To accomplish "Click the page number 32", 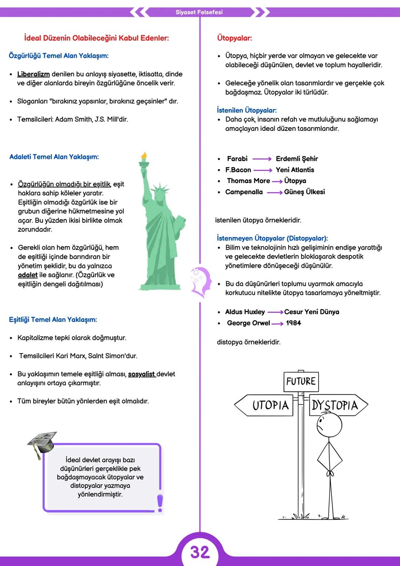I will [x=200, y=552].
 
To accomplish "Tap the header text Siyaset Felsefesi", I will [x=199, y=12].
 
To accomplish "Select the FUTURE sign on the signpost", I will [x=301, y=381].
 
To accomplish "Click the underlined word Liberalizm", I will [x=33, y=74].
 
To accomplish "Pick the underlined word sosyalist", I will [x=141, y=374].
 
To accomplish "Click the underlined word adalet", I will [x=28, y=275].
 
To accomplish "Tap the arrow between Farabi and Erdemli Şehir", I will [x=262, y=159].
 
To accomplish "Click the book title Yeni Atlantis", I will [x=295, y=170].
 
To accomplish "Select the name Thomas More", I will [x=248, y=181].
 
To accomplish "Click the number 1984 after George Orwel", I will [x=293, y=323].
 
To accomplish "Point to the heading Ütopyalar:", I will [x=234, y=38].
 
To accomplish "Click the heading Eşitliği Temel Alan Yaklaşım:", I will [x=53, y=320].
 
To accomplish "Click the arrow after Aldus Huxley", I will [x=275, y=312].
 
